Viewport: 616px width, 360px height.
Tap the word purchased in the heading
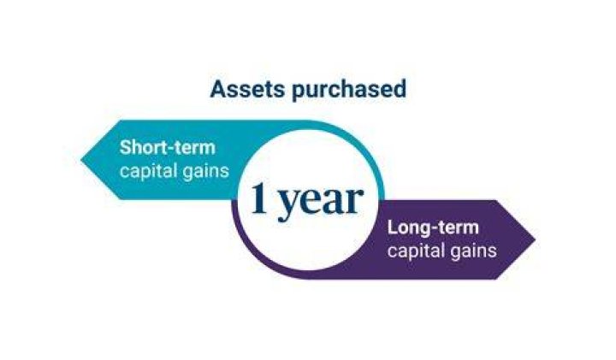tap(349, 91)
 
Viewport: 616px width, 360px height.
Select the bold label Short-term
tap(168, 148)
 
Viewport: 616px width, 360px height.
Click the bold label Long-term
tap(433, 228)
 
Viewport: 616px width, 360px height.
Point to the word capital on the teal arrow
tap(147, 172)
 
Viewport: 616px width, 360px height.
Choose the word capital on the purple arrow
tap(415, 251)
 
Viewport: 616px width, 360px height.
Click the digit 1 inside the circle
tap(260, 198)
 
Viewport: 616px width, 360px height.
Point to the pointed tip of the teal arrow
tap(81, 160)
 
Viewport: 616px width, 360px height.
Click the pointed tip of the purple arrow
tap(535, 239)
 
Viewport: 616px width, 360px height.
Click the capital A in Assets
tap(218, 90)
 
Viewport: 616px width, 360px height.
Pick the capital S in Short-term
tap(126, 148)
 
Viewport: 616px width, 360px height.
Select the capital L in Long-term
tap(393, 227)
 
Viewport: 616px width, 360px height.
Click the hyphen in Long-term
tap(439, 230)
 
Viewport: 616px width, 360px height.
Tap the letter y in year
tap(288, 205)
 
